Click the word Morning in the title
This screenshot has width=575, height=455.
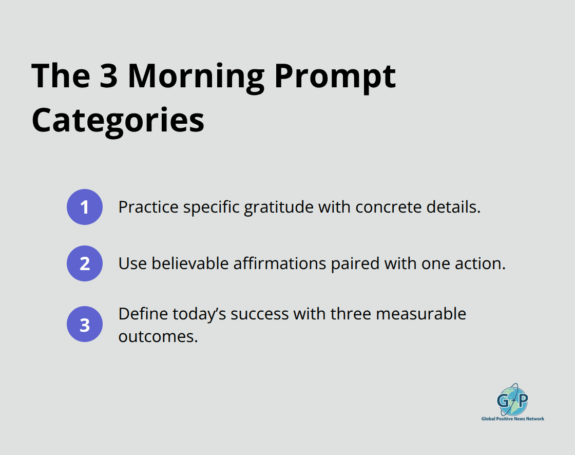(x=196, y=76)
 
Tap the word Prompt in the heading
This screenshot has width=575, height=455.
(x=335, y=76)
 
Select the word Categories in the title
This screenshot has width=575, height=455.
(x=118, y=121)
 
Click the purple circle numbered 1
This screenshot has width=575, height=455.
(x=85, y=207)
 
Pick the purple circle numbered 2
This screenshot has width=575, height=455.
(x=85, y=263)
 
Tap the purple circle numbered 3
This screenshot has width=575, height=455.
(x=85, y=325)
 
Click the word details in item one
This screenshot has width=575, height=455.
(x=454, y=207)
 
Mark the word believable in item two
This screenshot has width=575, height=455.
(x=190, y=263)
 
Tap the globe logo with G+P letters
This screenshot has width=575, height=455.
(x=512, y=399)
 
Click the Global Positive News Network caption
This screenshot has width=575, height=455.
(x=512, y=419)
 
